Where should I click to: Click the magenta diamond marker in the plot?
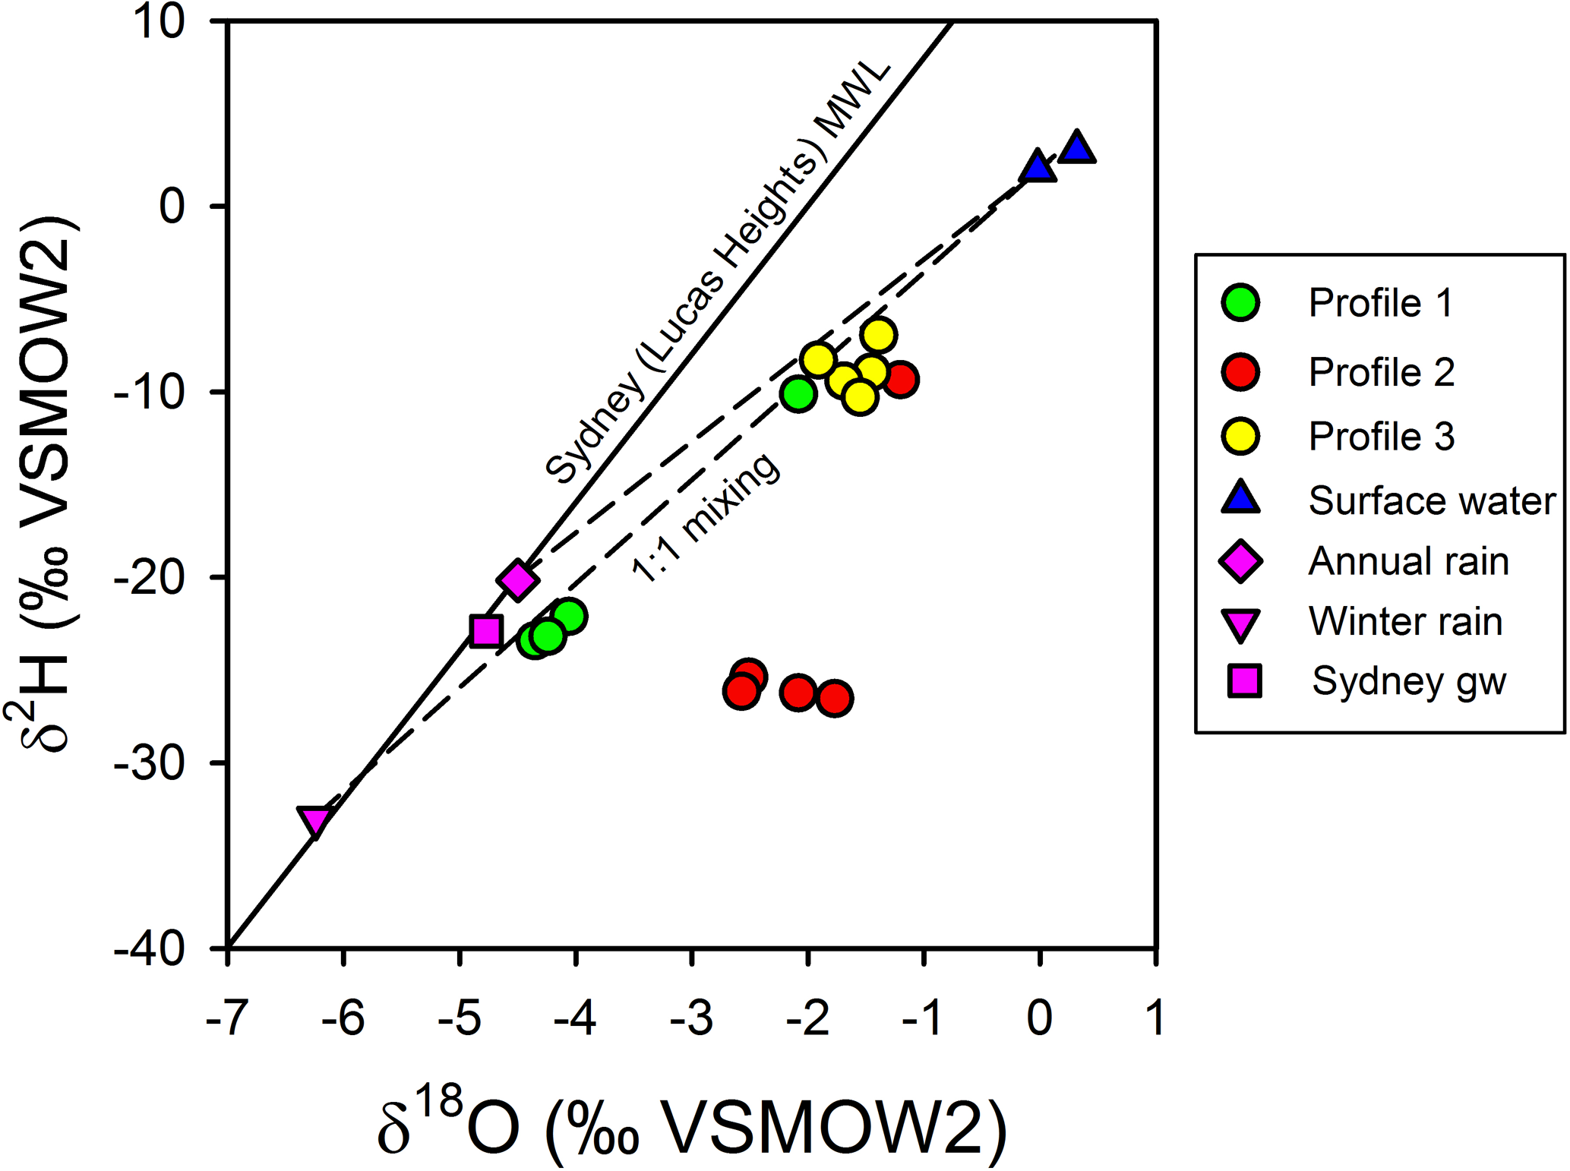[x=517, y=581]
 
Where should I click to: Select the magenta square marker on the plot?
[x=485, y=631]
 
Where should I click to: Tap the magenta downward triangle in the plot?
[x=314, y=820]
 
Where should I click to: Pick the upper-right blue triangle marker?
[x=1077, y=148]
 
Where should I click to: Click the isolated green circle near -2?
[x=798, y=394]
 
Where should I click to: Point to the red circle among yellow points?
[x=901, y=379]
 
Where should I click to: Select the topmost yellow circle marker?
[x=879, y=334]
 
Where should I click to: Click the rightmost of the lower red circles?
[x=835, y=698]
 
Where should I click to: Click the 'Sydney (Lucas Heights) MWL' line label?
[x=717, y=273]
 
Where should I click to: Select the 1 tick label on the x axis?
[x=1155, y=1018]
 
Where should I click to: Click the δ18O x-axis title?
[x=691, y=1125]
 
